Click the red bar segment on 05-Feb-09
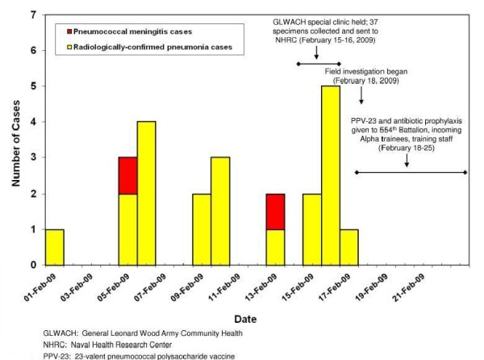(x=127, y=175)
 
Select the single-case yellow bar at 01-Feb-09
(x=54, y=246)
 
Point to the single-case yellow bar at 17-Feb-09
(x=348, y=246)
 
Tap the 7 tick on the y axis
(x=32, y=15)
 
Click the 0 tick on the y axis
(x=32, y=265)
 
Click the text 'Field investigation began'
(x=377, y=71)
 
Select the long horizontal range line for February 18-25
(x=410, y=172)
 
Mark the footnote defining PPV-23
(x=125, y=354)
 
